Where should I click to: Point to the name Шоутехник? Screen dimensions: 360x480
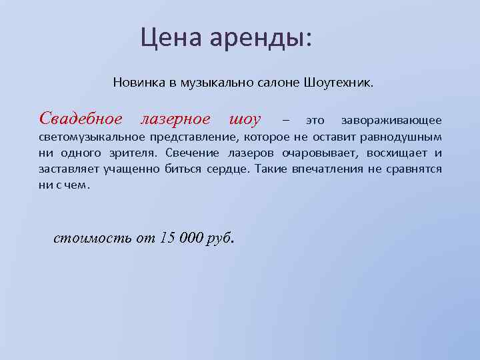(x=339, y=85)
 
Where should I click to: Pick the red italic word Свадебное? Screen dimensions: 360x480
(x=81, y=119)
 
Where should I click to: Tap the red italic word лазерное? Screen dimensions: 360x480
(x=175, y=119)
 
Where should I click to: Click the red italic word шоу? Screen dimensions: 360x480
(x=245, y=120)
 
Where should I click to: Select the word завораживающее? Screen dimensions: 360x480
(x=391, y=121)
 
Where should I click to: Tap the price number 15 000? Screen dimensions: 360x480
(x=180, y=239)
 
